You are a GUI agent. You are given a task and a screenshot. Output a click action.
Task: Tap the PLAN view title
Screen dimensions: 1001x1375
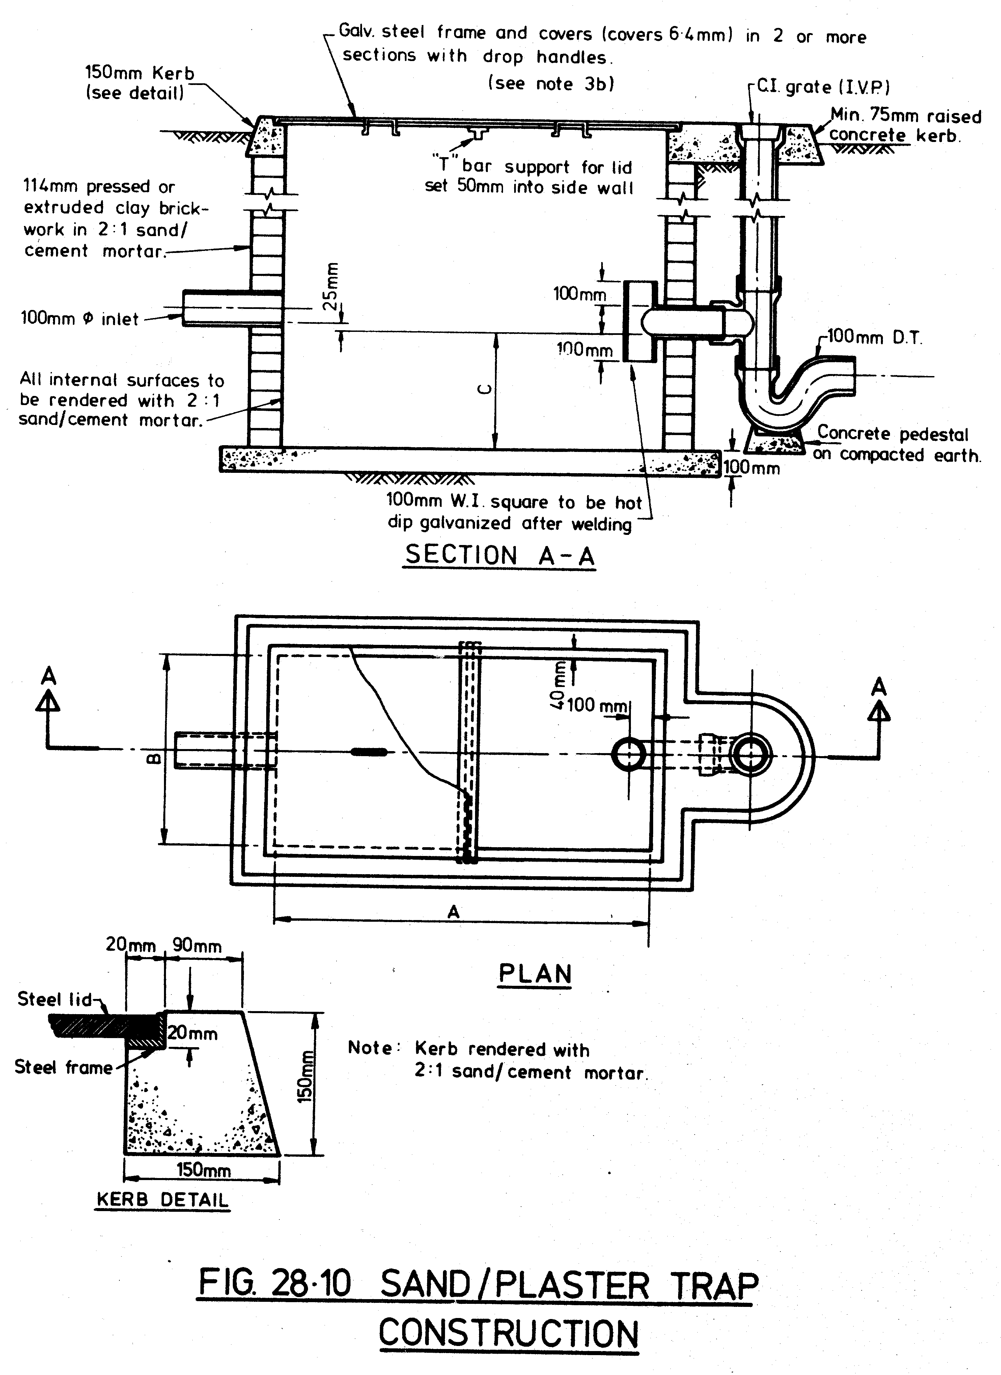click(535, 974)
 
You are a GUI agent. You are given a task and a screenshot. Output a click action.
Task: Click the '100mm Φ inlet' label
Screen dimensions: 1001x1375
click(80, 319)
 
